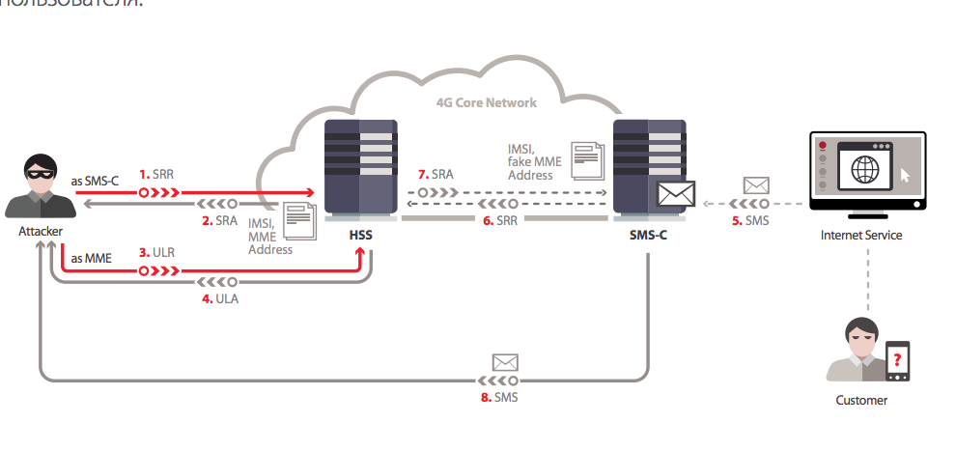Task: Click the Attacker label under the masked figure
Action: (x=42, y=233)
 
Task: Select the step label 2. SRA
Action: (x=219, y=220)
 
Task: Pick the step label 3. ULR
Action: (x=157, y=253)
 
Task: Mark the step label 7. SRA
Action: (x=436, y=174)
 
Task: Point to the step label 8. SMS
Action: (x=499, y=396)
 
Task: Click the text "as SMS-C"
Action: (x=95, y=181)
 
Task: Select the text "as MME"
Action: (x=92, y=259)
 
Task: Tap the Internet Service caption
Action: (x=861, y=235)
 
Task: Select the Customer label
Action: (x=860, y=399)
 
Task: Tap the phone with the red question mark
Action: (x=898, y=360)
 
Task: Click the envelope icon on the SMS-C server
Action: (x=675, y=193)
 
